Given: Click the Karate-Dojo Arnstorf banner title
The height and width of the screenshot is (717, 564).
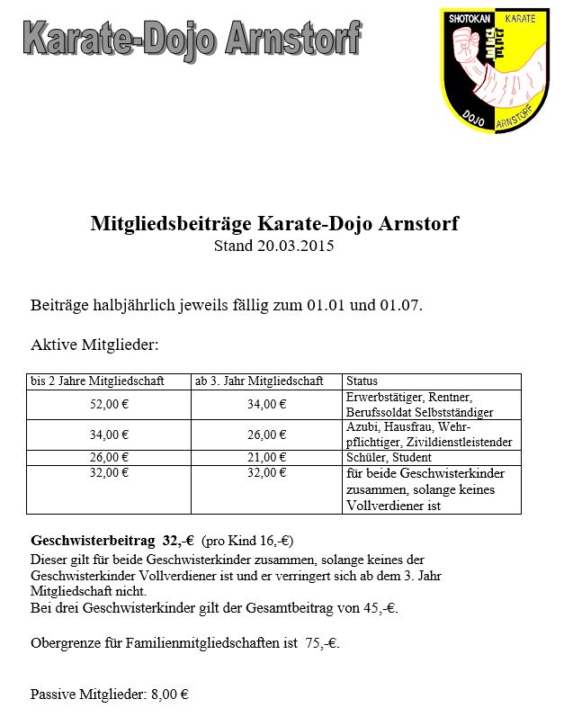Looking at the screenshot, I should [191, 40].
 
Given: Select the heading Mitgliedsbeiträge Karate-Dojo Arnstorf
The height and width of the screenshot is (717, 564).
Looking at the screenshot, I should [274, 223].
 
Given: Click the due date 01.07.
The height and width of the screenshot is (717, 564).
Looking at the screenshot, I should [400, 305].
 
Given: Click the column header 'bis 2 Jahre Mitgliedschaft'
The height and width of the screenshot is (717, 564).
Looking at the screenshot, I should [97, 381].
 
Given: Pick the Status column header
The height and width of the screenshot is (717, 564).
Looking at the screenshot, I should [362, 381].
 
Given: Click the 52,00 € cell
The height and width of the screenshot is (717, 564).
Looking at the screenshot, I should [109, 405].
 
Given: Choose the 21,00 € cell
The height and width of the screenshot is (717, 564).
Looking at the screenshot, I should [266, 457].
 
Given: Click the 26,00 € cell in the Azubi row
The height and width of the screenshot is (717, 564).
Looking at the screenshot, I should [266, 435].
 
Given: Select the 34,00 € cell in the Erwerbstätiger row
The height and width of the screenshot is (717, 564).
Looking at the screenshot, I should [266, 405].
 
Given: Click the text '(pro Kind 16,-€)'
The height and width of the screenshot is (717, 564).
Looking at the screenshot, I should [247, 542].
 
